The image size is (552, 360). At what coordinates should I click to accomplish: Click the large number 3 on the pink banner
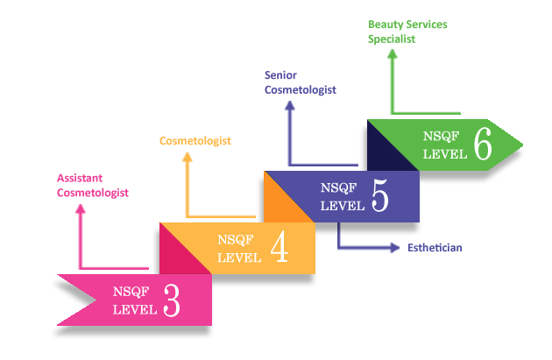pyautogui.click(x=172, y=300)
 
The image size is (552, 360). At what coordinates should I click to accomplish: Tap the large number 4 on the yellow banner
pyautogui.click(x=280, y=246)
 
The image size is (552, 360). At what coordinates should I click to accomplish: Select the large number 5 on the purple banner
pyautogui.click(x=380, y=195)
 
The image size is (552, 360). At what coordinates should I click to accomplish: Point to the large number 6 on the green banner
pyautogui.click(x=483, y=144)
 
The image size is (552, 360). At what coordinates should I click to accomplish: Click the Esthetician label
pyautogui.click(x=435, y=248)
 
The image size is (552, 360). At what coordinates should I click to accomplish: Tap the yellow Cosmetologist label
pyautogui.click(x=195, y=141)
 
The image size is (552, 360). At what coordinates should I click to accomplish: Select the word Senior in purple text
pyautogui.click(x=280, y=75)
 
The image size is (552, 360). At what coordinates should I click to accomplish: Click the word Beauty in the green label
pyautogui.click(x=385, y=25)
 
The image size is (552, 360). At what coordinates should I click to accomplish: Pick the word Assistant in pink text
pyautogui.click(x=80, y=178)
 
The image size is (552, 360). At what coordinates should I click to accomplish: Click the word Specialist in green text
pyautogui.click(x=392, y=39)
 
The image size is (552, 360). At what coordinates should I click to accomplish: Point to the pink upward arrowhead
pyautogui.click(x=81, y=209)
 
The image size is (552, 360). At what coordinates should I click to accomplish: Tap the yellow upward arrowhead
pyautogui.click(x=188, y=158)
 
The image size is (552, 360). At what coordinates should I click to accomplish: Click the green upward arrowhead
pyautogui.click(x=393, y=53)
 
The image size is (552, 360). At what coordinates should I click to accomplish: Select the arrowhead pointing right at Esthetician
pyautogui.click(x=395, y=248)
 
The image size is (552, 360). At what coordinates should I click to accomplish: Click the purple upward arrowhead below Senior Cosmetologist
pyautogui.click(x=290, y=106)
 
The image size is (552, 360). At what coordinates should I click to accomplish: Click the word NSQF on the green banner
pyautogui.click(x=441, y=136)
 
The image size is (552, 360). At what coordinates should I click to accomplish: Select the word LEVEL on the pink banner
pyautogui.click(x=135, y=310)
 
